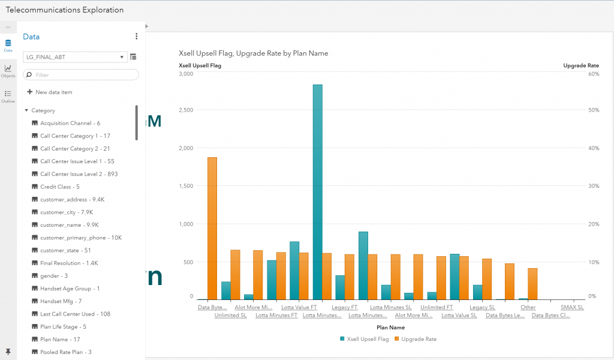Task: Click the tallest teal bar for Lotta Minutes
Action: click(x=317, y=192)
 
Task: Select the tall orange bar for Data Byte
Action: click(x=212, y=228)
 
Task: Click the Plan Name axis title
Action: click(x=390, y=328)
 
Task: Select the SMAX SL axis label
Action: click(x=571, y=308)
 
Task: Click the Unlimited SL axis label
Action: click(x=230, y=316)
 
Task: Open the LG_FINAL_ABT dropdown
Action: click(x=74, y=57)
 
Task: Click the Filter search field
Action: click(x=81, y=75)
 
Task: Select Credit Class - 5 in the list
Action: click(x=59, y=187)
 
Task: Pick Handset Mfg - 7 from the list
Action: click(x=61, y=301)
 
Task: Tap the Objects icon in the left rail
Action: click(x=8, y=71)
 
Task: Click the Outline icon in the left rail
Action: click(x=8, y=96)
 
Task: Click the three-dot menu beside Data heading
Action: click(x=136, y=37)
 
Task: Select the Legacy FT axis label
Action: click(x=344, y=308)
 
